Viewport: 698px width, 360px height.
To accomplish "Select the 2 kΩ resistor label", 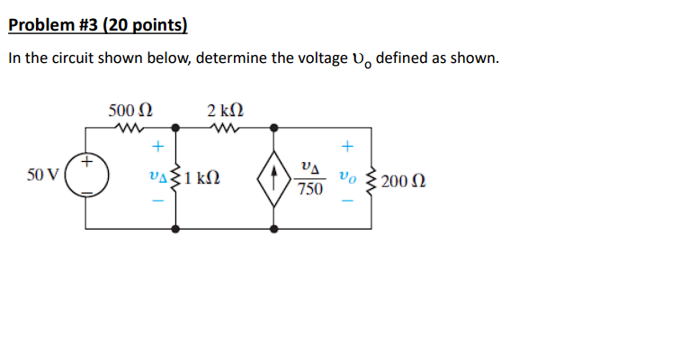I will click(224, 111).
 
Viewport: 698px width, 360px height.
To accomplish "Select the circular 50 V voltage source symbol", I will click(86, 177).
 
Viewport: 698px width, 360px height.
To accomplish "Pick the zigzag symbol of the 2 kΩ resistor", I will click(224, 128).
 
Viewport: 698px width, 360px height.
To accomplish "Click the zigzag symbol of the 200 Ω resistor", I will click(369, 180).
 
